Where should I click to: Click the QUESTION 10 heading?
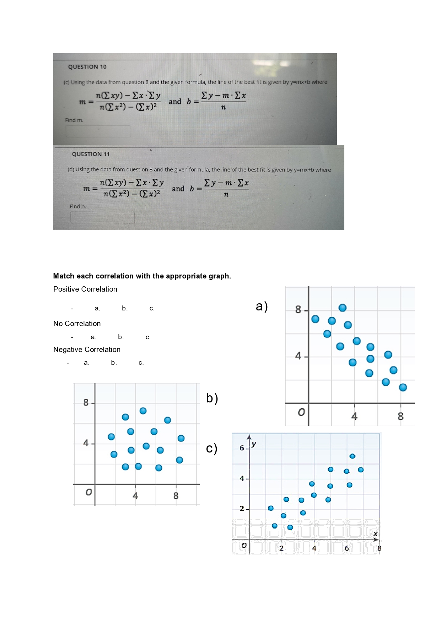point(87,67)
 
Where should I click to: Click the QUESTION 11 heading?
point(91,154)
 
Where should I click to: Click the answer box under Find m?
point(98,131)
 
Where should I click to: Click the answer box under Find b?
point(102,217)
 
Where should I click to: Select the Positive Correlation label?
point(85,289)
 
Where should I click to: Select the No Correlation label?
point(77,324)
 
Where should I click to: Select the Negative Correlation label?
point(87,350)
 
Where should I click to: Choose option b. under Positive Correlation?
point(124,308)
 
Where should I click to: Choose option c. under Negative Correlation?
point(141,363)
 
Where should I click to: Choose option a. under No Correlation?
point(93,337)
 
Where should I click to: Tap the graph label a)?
point(262,306)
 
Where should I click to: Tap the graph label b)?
point(212,398)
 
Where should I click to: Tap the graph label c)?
point(211,448)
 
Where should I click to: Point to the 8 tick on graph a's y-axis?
point(298,310)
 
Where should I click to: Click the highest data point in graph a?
point(343,308)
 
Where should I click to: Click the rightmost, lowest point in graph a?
point(403,387)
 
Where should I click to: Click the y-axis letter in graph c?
point(254,444)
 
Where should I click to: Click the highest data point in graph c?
point(353,456)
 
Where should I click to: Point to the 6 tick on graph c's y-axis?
point(242,448)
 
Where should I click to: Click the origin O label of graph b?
point(88,492)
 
